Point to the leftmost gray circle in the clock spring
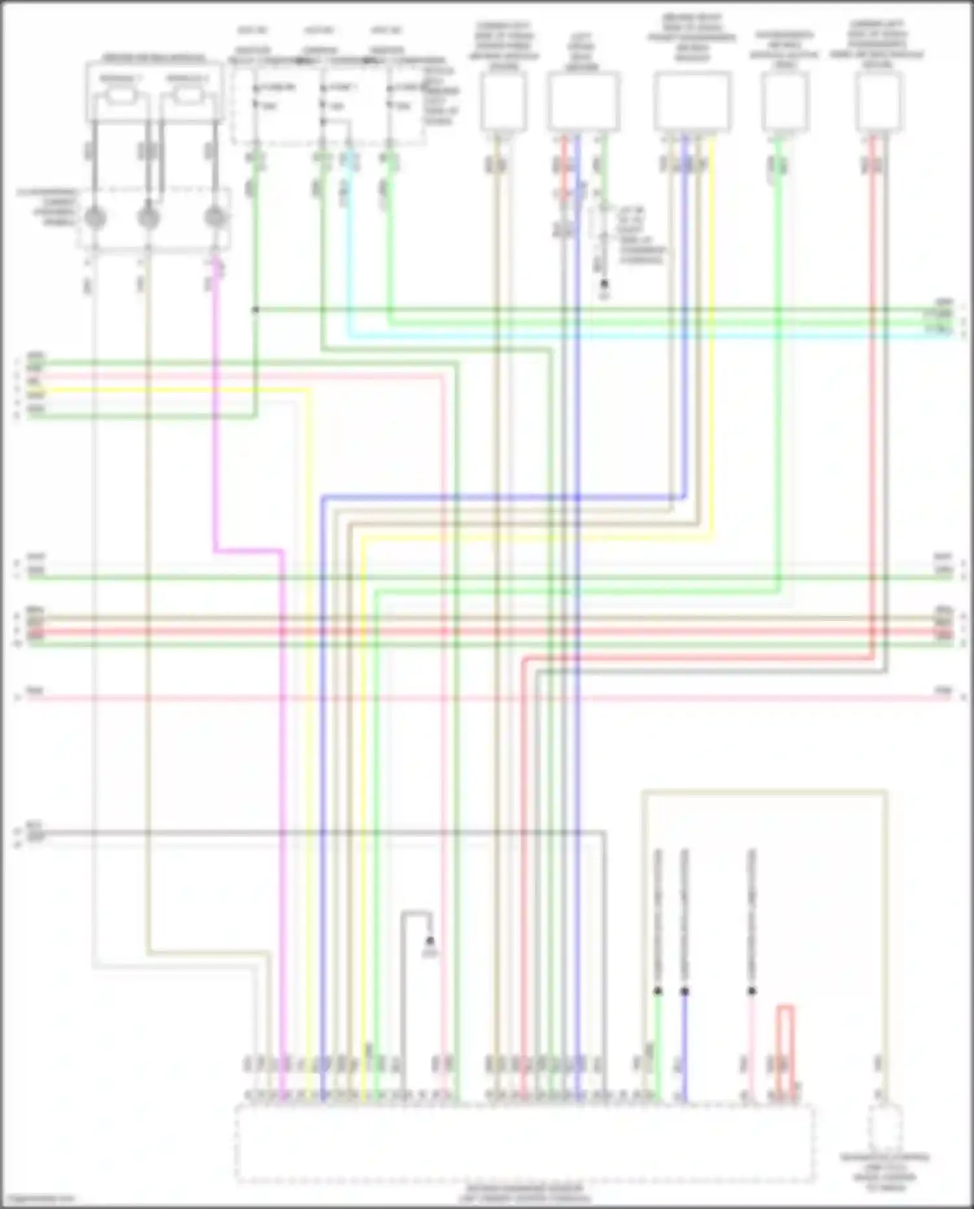(95, 218)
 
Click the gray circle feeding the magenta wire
(214, 218)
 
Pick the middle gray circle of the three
(149, 218)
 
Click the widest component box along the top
(692, 101)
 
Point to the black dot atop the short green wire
(658, 991)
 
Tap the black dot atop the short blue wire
(684, 991)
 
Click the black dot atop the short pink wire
(752, 991)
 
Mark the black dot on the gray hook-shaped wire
(429, 941)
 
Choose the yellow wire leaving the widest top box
(712, 325)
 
